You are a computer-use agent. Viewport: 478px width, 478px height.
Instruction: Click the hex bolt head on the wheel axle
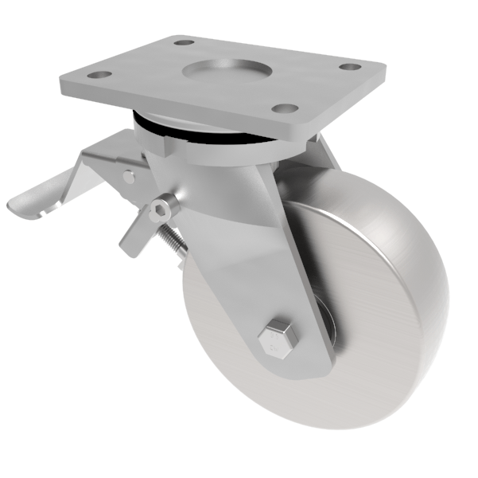(278, 338)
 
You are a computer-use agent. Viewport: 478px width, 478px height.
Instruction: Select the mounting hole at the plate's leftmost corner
(99, 75)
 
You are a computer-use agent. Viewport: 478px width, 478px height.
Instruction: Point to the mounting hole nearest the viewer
(284, 108)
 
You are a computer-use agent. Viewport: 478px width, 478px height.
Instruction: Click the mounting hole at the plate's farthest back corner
(184, 41)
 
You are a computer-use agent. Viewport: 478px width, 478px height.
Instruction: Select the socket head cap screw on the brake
(162, 209)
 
